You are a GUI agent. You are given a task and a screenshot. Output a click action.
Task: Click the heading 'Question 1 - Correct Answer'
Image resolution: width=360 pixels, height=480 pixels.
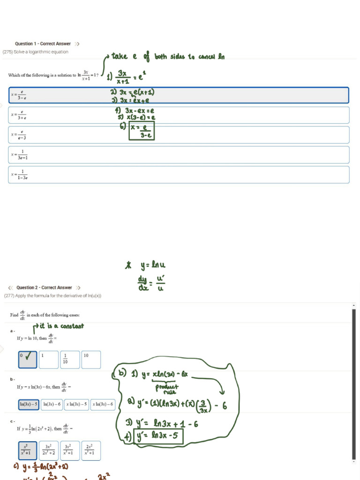click(x=43, y=44)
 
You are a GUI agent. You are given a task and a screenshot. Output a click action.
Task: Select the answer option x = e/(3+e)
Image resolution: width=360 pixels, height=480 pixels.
click(x=179, y=115)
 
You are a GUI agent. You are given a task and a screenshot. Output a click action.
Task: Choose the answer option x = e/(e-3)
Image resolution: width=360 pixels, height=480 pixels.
click(x=179, y=135)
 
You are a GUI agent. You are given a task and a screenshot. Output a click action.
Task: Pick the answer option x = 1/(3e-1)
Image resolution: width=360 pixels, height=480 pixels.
click(x=179, y=155)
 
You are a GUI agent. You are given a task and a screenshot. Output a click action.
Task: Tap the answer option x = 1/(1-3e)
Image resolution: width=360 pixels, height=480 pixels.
click(x=179, y=175)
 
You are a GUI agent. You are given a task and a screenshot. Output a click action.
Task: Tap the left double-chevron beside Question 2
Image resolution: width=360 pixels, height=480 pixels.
click(x=10, y=287)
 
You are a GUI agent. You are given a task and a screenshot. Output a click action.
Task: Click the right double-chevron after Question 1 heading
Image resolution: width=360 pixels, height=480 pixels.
click(x=77, y=44)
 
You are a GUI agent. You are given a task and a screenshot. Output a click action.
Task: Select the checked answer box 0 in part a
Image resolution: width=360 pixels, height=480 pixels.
click(x=28, y=360)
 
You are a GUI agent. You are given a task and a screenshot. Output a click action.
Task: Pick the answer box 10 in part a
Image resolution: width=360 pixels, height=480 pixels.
click(x=91, y=360)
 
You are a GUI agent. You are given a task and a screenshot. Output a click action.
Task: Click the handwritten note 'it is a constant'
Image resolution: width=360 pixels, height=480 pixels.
click(x=61, y=326)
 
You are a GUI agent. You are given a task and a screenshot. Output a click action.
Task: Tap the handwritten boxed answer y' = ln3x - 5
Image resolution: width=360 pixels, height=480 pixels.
click(x=157, y=437)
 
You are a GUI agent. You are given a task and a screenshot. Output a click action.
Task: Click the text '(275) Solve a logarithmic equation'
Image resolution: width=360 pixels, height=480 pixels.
click(x=36, y=52)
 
